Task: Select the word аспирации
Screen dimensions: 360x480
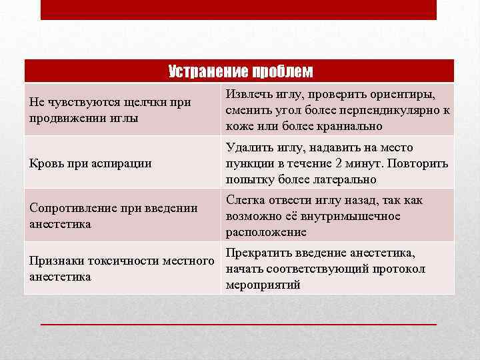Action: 123,163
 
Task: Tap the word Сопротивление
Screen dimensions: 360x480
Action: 71,208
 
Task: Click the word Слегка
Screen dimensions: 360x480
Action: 246,200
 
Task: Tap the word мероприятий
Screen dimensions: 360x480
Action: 263,285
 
